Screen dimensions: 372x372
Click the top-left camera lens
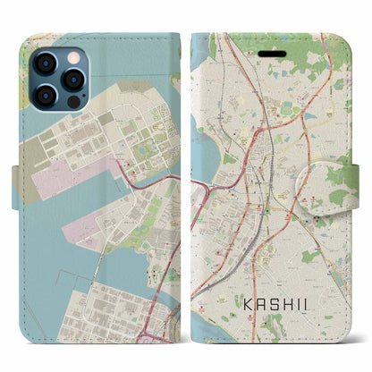[x=44, y=64]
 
